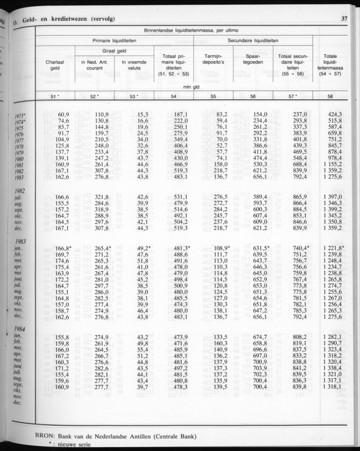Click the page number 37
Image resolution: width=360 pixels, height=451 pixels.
click(x=343, y=18)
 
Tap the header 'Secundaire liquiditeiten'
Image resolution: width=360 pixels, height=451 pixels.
click(x=253, y=40)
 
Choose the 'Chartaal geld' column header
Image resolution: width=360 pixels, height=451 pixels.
click(x=55, y=65)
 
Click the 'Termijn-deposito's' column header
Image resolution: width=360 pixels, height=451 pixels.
click(x=213, y=62)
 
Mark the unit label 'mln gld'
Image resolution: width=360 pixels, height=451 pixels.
click(x=194, y=86)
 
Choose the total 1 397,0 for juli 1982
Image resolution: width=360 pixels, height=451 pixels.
click(x=333, y=197)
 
